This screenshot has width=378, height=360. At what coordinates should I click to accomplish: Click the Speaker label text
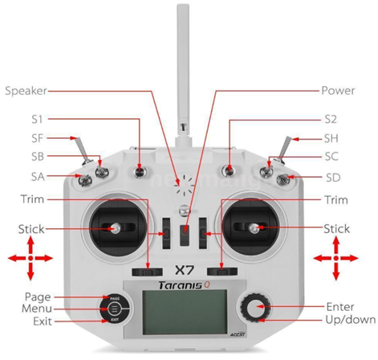pos(26,91)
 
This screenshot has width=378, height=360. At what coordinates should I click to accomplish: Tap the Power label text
pos(338,91)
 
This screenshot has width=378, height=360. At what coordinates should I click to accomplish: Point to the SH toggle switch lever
pos(284,148)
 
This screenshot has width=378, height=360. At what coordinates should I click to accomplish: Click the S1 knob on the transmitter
pos(140,171)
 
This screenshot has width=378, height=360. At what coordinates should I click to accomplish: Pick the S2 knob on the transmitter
pos(229,170)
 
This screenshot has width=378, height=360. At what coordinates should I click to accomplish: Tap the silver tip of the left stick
pos(116,228)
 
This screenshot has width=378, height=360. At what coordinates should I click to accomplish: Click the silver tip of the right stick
pos(254,228)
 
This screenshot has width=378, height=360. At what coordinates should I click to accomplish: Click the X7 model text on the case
pos(184,270)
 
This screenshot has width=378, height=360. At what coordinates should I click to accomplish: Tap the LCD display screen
pos(185,312)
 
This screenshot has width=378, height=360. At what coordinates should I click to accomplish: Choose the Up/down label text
pos(350,320)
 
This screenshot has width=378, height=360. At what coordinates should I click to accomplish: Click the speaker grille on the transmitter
pos(185,185)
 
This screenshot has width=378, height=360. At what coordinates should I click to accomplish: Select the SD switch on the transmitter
pos(283,179)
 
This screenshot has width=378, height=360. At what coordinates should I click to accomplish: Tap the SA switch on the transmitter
pos(85,180)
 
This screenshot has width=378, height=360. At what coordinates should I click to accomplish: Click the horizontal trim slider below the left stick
pos(147,272)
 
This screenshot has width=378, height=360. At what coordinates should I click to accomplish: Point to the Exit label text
pos(43,321)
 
